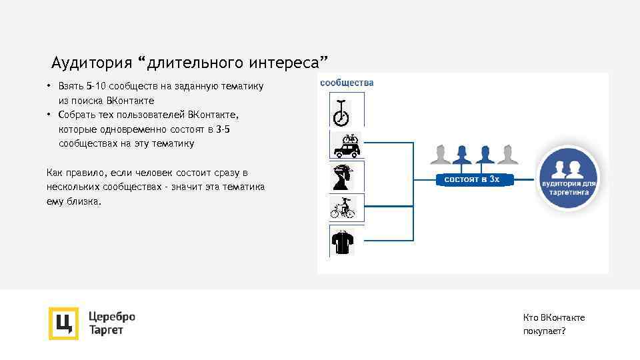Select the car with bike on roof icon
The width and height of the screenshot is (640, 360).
point(346,145)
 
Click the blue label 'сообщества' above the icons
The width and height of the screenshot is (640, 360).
point(347,83)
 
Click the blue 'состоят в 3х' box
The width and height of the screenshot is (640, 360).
point(471,179)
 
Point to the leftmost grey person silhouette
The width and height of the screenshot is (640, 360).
point(439,155)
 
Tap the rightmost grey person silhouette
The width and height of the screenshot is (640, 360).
point(507,155)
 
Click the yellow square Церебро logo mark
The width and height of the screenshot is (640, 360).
point(63,323)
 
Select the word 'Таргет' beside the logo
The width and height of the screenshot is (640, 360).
point(106,331)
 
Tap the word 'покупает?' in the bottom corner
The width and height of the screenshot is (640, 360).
point(544,331)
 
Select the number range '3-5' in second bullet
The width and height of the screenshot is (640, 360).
point(221,129)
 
